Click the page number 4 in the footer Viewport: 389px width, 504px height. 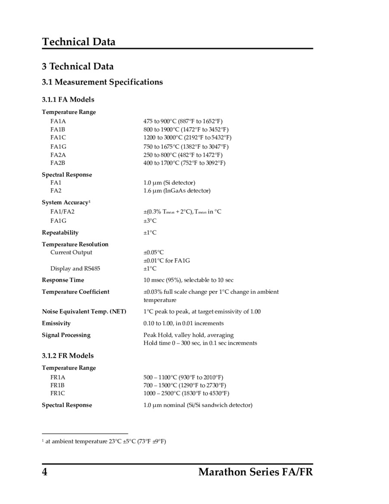(x=45, y=472)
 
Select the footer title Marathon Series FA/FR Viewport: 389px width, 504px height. (x=255, y=472)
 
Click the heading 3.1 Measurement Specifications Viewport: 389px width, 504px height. (x=102, y=82)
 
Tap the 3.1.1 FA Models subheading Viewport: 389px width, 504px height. (x=68, y=100)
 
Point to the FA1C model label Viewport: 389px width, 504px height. (x=58, y=138)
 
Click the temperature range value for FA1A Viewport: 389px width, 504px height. (x=183, y=121)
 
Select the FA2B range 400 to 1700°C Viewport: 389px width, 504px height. (x=184, y=163)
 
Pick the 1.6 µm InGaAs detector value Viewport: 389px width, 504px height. (x=177, y=191)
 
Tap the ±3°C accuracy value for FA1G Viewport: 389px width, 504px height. (x=150, y=221)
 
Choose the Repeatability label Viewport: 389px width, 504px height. (x=60, y=233)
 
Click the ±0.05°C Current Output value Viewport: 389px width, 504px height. (x=153, y=253)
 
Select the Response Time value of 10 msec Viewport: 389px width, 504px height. (x=188, y=280)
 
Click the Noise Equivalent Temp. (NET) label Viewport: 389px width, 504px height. (x=84, y=312)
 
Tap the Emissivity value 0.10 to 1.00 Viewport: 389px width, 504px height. (x=183, y=324)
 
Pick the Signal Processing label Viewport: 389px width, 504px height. (x=66, y=335)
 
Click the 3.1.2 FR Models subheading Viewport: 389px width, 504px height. (x=67, y=356)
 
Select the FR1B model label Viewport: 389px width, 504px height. (x=57, y=385)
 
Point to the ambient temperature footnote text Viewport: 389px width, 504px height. (x=105, y=441)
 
